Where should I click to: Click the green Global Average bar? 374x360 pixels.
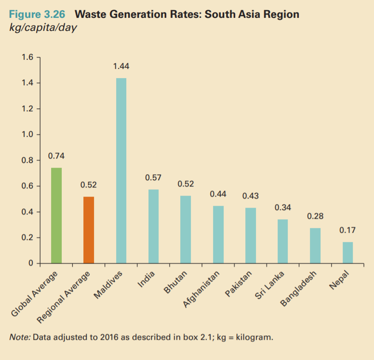[x=56, y=215]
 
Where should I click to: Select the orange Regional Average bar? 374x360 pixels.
[x=89, y=230]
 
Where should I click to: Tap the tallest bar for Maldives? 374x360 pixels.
[x=121, y=171]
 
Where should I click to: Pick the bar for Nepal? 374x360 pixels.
[x=347, y=253]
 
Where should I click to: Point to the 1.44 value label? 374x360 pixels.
[x=121, y=66]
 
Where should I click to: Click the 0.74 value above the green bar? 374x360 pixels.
[x=56, y=156]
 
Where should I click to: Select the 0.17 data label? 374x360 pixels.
[x=347, y=230]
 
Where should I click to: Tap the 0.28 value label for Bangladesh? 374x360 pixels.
[x=315, y=216]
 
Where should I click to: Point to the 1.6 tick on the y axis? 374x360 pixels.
[x=27, y=58]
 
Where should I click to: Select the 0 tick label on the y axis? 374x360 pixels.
[x=30, y=264]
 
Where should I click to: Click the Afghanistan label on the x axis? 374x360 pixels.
[x=201, y=289]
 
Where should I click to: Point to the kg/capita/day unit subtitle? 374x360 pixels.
[x=43, y=27]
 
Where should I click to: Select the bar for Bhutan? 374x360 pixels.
[x=186, y=229]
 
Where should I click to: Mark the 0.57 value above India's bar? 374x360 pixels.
[x=153, y=178]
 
